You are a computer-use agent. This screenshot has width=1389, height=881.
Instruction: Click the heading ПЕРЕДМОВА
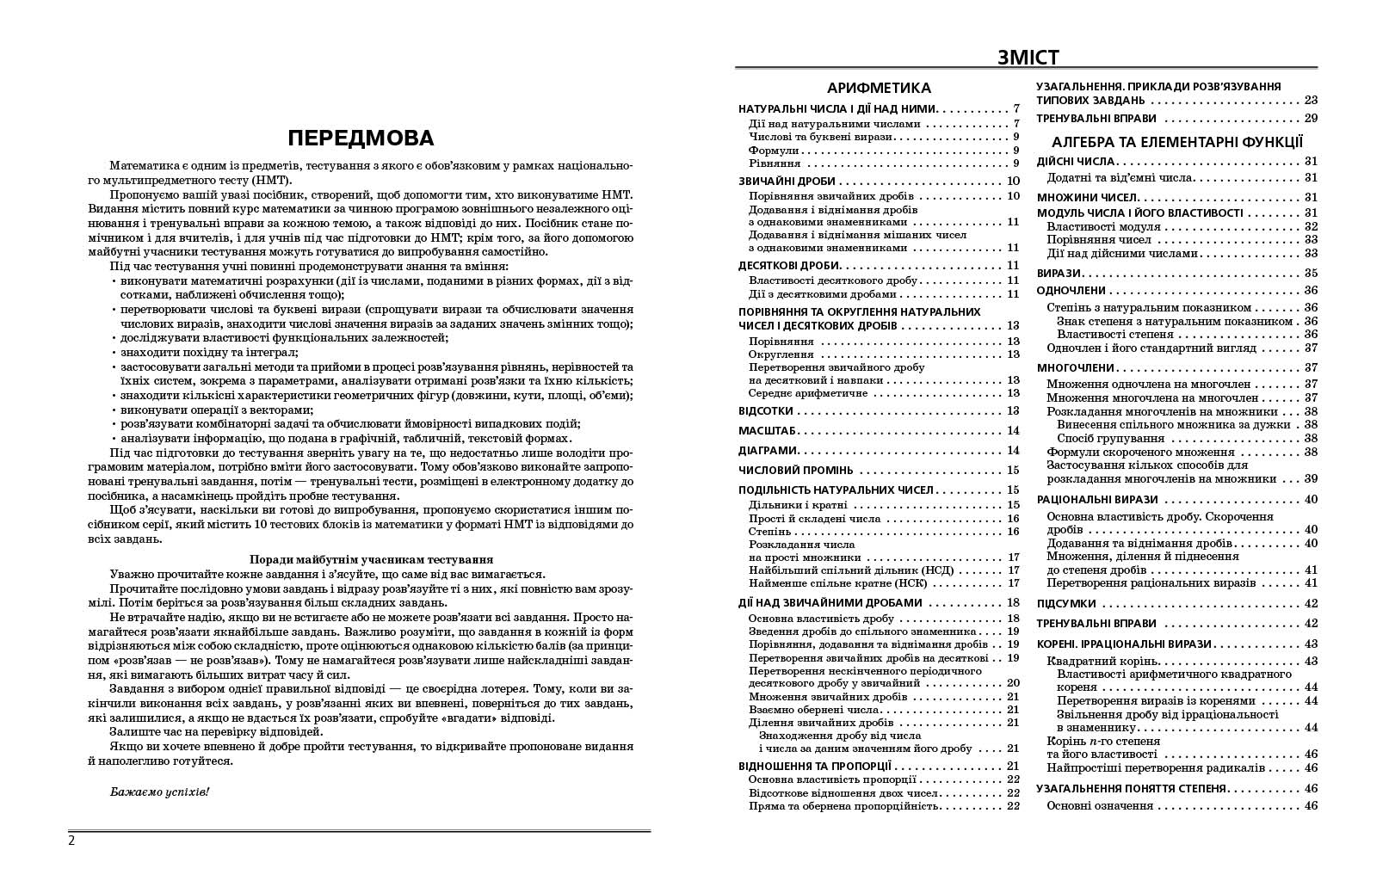pos(360,139)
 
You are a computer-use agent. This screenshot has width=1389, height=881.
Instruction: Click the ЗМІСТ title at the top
pos(1028,58)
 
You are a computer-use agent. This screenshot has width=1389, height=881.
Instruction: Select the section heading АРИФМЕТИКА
pos(879,88)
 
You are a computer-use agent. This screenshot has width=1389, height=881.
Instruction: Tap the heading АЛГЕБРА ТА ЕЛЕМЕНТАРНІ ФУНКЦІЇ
pos(1177,142)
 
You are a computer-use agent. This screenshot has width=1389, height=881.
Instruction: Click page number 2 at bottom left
pos(71,841)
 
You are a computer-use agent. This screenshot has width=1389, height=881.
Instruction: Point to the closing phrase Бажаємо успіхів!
pos(159,792)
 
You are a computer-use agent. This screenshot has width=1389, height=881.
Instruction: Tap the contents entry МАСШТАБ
pos(768,430)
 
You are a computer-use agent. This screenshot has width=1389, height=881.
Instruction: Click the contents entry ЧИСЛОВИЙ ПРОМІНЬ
pos(796,470)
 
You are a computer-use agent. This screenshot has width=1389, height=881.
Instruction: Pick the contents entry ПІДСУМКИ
pos(1065,604)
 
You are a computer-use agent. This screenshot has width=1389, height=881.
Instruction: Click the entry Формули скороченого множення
pos(1140,452)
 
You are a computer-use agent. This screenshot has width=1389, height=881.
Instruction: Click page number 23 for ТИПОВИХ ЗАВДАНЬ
pos(1311,100)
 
